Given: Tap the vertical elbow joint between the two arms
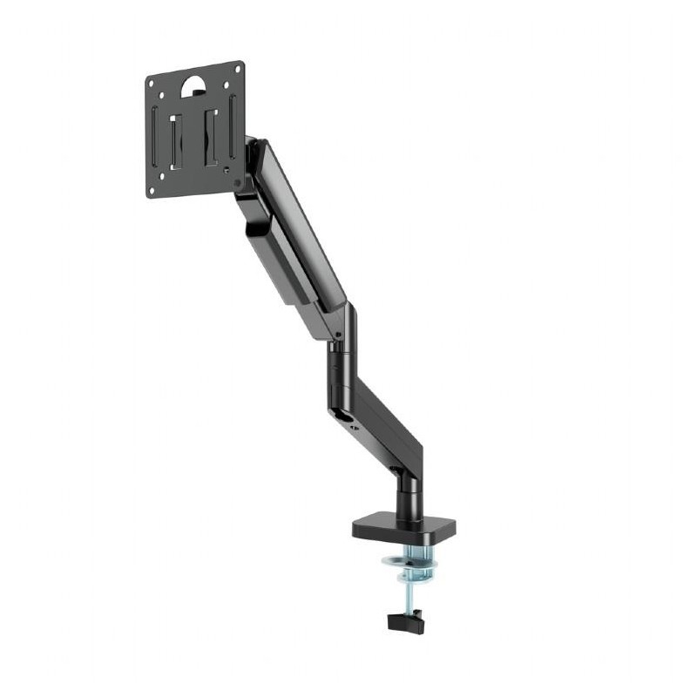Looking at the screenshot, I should [x=341, y=357].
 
